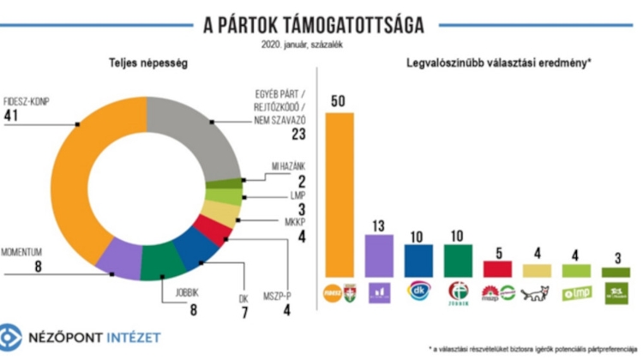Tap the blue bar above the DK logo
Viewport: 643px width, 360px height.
418,261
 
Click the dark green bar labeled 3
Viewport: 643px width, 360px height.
615,272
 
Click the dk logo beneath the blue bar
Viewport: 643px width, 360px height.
418,291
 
